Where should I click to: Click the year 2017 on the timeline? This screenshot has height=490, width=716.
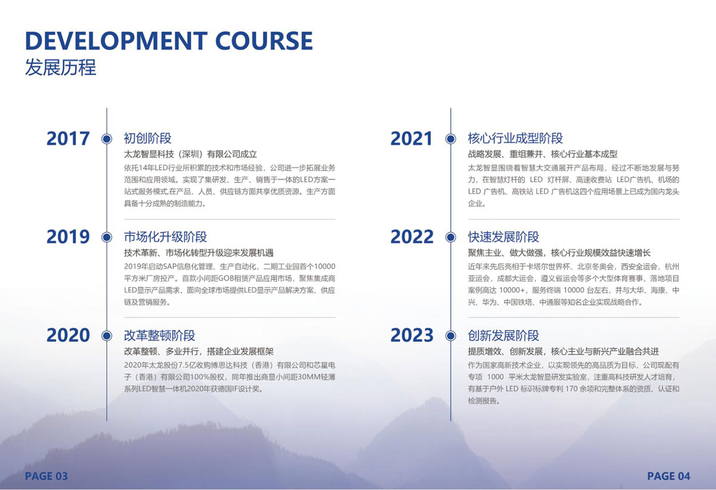tap(68, 139)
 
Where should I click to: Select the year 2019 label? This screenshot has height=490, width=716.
tap(68, 237)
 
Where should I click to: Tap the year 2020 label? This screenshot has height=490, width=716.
tap(68, 335)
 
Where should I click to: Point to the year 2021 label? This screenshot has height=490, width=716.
tap(411, 139)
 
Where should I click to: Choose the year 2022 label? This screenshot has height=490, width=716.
tap(412, 237)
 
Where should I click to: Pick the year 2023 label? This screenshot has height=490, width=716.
tap(412, 335)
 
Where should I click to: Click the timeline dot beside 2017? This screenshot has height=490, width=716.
tap(107, 139)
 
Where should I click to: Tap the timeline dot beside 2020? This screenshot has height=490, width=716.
tap(107, 336)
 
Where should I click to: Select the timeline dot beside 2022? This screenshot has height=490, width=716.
tap(450, 237)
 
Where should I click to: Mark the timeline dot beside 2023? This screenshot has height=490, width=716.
tap(450, 336)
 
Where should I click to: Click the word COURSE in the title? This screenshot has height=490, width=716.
tap(264, 41)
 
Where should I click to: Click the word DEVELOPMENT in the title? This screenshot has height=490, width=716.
tap(116, 41)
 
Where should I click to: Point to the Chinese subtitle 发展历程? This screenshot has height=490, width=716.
tap(60, 67)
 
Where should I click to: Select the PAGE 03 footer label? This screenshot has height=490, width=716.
tap(47, 476)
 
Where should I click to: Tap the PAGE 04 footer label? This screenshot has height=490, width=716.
tap(669, 476)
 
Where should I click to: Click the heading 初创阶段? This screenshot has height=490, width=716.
tap(148, 138)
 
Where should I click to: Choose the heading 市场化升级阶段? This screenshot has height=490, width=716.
tap(166, 237)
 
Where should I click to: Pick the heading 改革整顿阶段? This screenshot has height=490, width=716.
tap(159, 335)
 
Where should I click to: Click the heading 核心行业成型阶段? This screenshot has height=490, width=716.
tap(516, 138)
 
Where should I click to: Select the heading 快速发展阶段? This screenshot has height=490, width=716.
tap(504, 237)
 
